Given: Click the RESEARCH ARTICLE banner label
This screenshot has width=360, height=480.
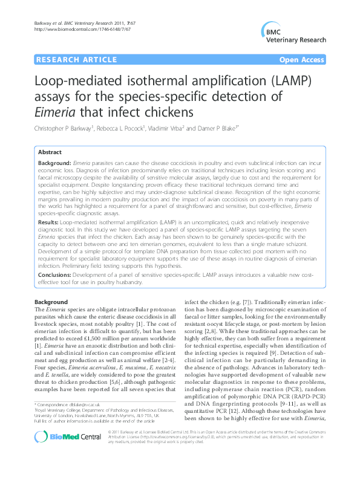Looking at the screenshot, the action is point(77,60).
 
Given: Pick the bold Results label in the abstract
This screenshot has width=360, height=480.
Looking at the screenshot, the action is point(47,223).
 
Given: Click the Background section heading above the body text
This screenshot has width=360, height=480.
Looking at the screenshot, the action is point(51,301).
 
